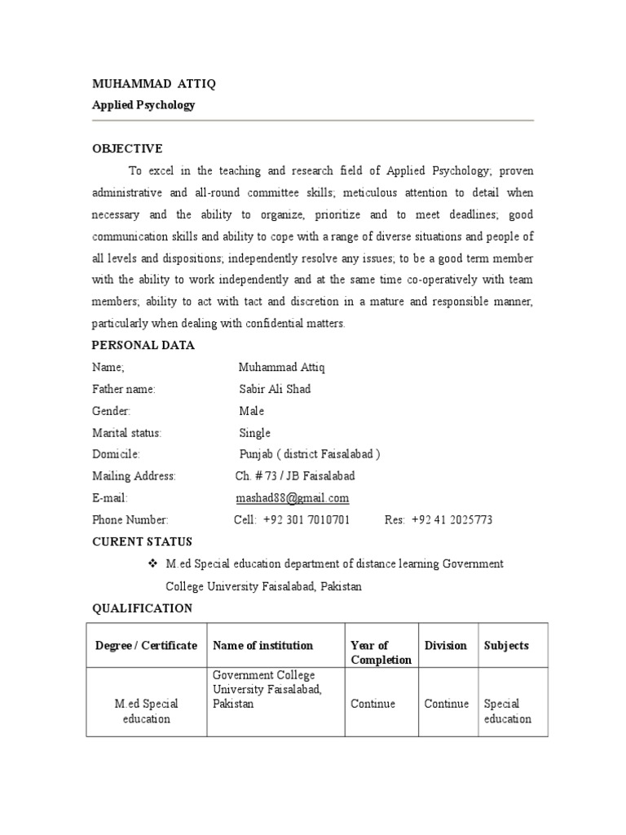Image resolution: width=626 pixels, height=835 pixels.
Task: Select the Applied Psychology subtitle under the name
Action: (x=143, y=105)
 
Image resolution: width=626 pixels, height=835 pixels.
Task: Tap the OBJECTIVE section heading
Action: (x=127, y=148)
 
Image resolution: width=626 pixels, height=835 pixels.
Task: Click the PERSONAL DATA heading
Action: (x=143, y=345)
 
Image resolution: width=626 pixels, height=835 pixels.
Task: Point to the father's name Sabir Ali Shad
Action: (x=275, y=389)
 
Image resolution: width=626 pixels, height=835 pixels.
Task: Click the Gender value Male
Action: (x=251, y=411)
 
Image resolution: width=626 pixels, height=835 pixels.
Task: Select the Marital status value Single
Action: (x=254, y=433)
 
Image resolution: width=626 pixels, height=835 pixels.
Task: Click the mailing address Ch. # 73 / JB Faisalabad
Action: (x=294, y=476)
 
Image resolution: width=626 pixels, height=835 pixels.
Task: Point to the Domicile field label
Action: (x=116, y=454)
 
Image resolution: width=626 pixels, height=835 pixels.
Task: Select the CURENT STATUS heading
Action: (x=143, y=541)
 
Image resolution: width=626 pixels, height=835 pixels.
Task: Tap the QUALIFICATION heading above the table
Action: (x=143, y=608)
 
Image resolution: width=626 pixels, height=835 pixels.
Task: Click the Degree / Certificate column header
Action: (x=146, y=646)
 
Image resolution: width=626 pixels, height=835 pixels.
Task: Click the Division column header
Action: (x=446, y=646)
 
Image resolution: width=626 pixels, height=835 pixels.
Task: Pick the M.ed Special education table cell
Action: (x=146, y=711)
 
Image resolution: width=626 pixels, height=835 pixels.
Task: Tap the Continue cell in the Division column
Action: (x=447, y=704)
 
